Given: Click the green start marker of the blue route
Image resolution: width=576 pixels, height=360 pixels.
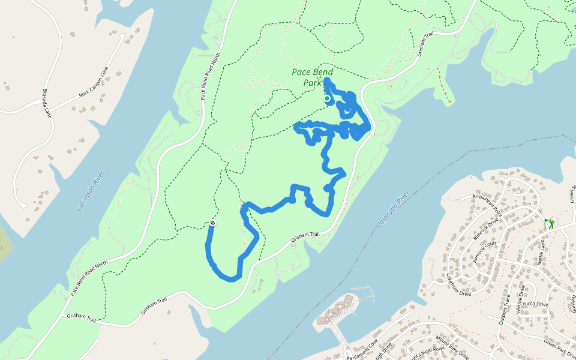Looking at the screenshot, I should coord(327,98).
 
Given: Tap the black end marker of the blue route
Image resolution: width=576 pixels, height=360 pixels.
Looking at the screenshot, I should coord(212,224).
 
